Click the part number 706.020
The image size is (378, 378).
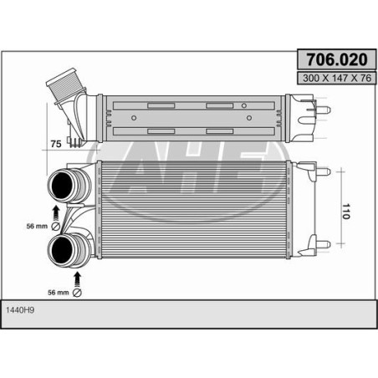pyautogui.click(x=337, y=59)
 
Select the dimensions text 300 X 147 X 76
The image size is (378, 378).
pyautogui.click(x=337, y=78)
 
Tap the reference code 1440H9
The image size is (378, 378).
pyautogui.click(x=20, y=310)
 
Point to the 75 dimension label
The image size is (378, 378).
pyautogui.click(x=56, y=144)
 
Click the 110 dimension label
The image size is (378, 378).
pyautogui.click(x=346, y=212)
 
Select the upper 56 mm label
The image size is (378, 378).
pyautogui.click(x=37, y=226)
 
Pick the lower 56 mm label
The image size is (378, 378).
pyautogui.click(x=59, y=293)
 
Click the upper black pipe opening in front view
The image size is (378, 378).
pyautogui.click(x=62, y=185)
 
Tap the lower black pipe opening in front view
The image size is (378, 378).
pyautogui.click(x=62, y=250)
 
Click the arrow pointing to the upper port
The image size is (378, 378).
pyautogui.click(x=56, y=213)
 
